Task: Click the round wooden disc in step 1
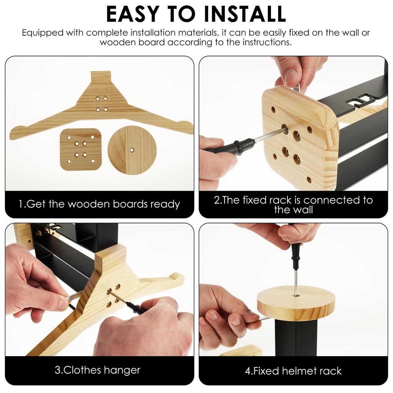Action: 132,150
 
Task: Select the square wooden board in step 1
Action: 81,149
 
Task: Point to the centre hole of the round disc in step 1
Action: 132,150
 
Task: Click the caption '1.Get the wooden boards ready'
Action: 99,204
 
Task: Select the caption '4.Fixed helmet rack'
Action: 293,371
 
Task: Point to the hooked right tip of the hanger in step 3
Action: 177,277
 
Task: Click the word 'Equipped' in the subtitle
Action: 42,33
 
